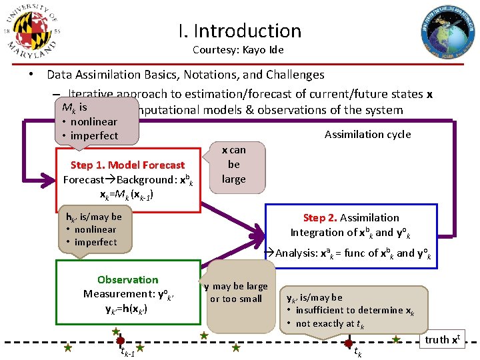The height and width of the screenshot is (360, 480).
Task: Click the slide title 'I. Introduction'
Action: tap(240, 31)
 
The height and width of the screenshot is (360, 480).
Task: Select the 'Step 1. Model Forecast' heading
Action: tap(127, 165)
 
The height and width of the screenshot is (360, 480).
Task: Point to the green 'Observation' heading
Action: tap(127, 280)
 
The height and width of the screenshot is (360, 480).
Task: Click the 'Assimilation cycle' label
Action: tap(367, 135)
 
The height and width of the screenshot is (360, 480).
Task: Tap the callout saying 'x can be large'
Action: tap(234, 165)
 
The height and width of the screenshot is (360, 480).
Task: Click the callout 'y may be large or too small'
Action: tap(236, 293)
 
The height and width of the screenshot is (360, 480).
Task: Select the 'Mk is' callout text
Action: tap(75, 107)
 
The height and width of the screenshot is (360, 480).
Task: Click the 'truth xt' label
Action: tap(442, 339)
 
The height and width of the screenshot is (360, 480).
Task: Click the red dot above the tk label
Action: tap(348, 343)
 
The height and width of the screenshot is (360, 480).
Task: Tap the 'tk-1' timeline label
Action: tap(127, 352)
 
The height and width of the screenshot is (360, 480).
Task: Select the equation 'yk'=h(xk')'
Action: tap(126, 309)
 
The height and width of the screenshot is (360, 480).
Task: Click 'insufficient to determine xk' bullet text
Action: tap(355, 310)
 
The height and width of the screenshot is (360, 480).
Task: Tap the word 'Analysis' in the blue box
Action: tap(295, 253)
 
